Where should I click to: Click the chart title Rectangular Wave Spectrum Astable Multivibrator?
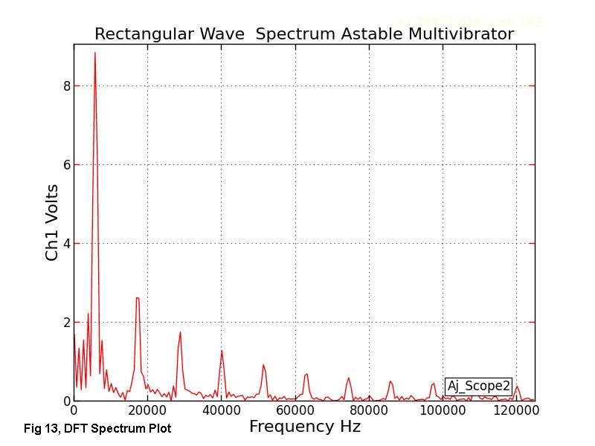click(x=303, y=35)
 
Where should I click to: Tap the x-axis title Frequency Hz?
click(x=304, y=427)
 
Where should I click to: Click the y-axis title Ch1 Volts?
click(x=52, y=223)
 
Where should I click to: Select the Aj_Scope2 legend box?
click(x=478, y=386)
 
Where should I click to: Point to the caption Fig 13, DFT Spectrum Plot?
click(x=97, y=429)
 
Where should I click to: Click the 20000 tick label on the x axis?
click(x=147, y=410)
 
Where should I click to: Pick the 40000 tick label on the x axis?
click(x=222, y=410)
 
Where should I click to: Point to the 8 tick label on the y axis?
click(x=66, y=86)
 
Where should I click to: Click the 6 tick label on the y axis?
click(x=66, y=165)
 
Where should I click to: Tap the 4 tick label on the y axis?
click(x=66, y=244)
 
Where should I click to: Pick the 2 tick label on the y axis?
click(x=66, y=323)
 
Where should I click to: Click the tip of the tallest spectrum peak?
click(x=94, y=52)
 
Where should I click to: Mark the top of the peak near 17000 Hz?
click(x=138, y=297)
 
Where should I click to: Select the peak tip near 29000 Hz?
click(x=180, y=332)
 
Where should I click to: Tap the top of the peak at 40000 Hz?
click(x=222, y=350)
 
